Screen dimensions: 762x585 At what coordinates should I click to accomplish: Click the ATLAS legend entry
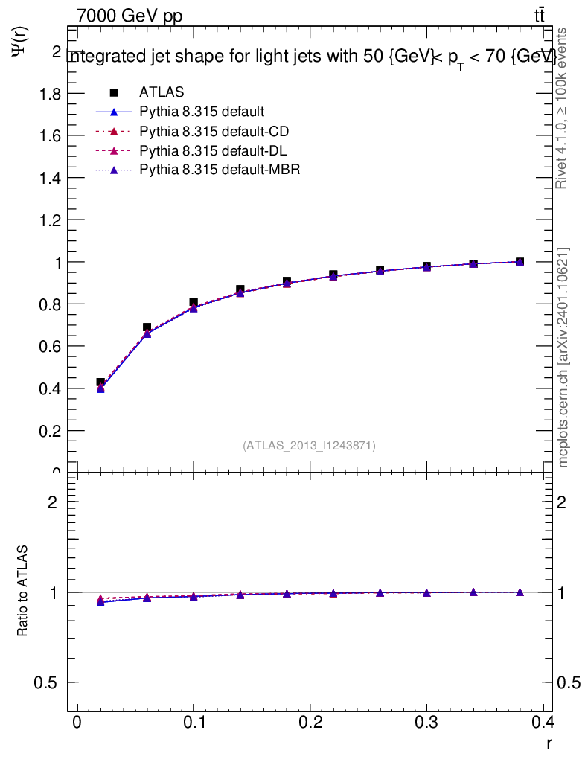click(162, 92)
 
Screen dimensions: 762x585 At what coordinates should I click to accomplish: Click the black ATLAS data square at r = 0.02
click(100, 382)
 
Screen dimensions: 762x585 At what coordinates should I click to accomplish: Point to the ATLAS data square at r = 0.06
click(147, 327)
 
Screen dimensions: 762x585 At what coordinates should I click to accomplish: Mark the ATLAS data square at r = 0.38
click(520, 262)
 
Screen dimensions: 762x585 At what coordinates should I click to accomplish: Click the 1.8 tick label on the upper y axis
click(51, 94)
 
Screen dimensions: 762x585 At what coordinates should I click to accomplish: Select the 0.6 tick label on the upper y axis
click(51, 347)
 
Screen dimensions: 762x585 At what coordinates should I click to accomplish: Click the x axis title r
click(549, 743)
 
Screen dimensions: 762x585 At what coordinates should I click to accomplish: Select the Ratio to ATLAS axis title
click(23, 591)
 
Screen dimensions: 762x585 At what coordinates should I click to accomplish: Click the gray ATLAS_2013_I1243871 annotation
click(309, 446)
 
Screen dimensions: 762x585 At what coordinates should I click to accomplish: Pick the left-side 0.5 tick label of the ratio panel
click(49, 683)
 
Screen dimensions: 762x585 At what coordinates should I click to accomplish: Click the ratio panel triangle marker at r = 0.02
click(100, 601)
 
